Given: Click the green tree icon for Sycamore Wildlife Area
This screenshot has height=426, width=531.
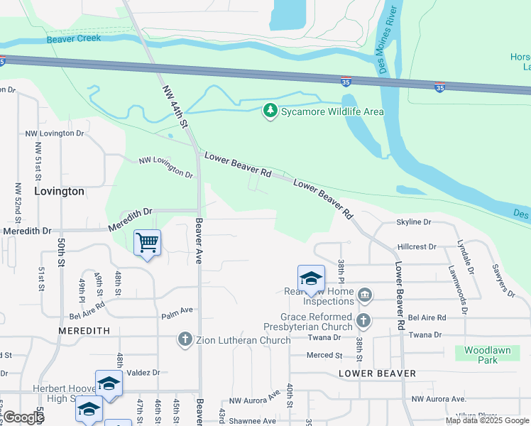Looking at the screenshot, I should tap(270, 111).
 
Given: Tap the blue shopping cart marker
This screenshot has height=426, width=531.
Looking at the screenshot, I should tap(147, 243).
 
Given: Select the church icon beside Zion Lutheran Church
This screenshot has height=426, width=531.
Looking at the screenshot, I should tap(185, 339).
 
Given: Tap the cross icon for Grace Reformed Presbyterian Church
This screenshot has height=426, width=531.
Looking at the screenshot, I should tap(363, 320).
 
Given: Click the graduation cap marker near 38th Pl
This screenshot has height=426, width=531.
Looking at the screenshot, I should tap(311, 279).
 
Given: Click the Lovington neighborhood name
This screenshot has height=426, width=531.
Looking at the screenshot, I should tap(59, 192).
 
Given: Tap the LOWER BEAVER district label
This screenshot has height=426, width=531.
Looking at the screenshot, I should tap(377, 373).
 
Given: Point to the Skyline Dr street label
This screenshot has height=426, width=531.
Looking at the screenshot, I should tap(414, 222).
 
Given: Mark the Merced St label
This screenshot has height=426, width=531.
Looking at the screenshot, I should tap(324, 355).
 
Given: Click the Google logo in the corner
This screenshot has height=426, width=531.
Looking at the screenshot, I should tap(23, 417).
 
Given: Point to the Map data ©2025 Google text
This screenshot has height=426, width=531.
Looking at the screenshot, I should tap(486, 420).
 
